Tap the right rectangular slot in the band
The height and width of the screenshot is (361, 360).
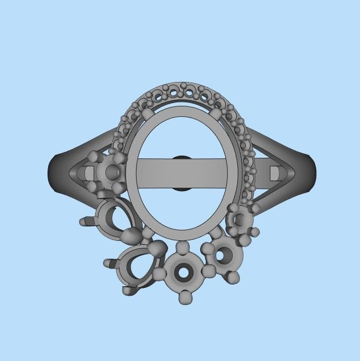[274, 173]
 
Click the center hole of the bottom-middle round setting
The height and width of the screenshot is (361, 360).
[182, 273]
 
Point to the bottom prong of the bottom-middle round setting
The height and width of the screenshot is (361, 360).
[185, 298]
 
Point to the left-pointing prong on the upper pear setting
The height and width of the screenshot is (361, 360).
[85, 221]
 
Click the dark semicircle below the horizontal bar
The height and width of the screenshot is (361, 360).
[181, 189]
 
